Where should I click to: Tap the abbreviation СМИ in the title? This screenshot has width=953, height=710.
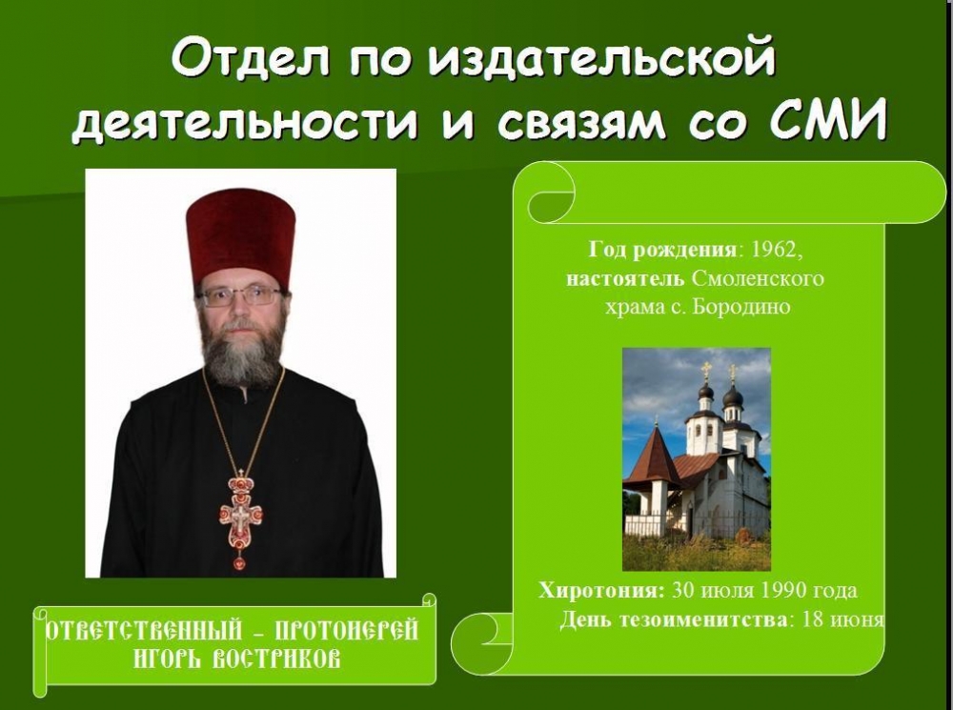coord(827,120)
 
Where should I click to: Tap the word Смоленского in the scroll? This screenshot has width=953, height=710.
coord(758,278)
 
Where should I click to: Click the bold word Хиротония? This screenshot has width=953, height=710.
coord(601,590)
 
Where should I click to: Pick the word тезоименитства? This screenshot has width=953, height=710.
coord(705,619)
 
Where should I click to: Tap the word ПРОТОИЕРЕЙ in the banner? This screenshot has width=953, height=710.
coord(347,630)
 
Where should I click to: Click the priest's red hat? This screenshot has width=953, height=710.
coord(241,235)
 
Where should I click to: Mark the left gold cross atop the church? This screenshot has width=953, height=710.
coord(706,370)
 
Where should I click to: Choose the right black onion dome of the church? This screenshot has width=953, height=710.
coord(732,397)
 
